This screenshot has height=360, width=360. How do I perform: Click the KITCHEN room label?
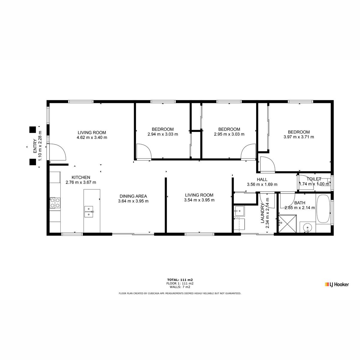coord(81,177)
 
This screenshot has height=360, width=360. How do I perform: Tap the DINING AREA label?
coord(133,196)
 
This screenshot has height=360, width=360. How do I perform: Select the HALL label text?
coord(262,179)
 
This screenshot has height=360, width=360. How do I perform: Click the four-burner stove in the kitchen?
coord(55,203)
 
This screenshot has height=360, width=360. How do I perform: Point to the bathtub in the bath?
coord(323,209)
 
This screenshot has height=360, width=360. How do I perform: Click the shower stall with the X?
coord(287,224)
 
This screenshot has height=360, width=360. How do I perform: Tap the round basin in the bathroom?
coord(307,227)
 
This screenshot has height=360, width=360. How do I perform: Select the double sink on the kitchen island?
coord(89,212)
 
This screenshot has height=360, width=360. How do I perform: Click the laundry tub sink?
coord(239,211)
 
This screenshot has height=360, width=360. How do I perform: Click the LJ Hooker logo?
coord(337,284)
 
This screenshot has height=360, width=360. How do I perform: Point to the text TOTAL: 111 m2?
coord(180,280)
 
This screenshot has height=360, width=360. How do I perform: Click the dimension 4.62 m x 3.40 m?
coord(92,137)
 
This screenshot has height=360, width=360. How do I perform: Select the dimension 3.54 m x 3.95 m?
coord(199,200)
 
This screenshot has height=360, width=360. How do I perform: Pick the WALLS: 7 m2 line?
coord(180,287)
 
